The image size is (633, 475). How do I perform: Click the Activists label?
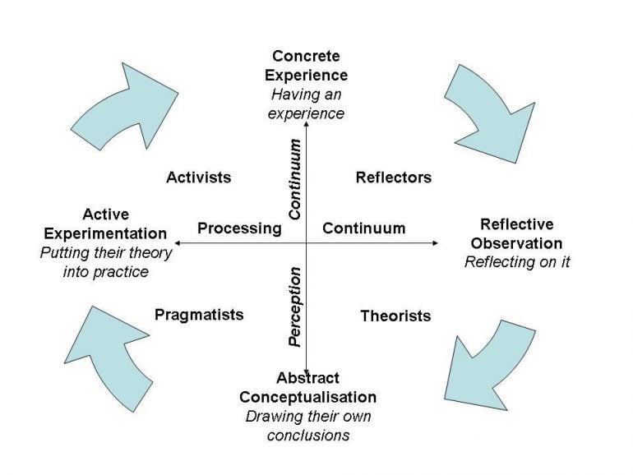tap(198, 178)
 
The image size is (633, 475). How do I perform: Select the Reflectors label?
tap(393, 178)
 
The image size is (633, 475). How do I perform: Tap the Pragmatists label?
tap(199, 315)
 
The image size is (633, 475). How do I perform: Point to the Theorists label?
tap(395, 316)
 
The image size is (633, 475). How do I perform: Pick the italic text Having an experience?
tap(306, 104)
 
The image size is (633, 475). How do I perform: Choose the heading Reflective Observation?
tap(516, 233)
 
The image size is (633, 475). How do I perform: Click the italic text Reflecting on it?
tap(517, 262)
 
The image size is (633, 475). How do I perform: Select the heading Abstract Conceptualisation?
tap(307, 388)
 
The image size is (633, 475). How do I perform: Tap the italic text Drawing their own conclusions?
tap(307, 425)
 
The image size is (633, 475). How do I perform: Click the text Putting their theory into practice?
tap(105, 262)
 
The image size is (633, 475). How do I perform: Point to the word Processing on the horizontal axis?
tap(239, 228)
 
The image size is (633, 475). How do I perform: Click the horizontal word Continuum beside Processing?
tap(363, 228)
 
